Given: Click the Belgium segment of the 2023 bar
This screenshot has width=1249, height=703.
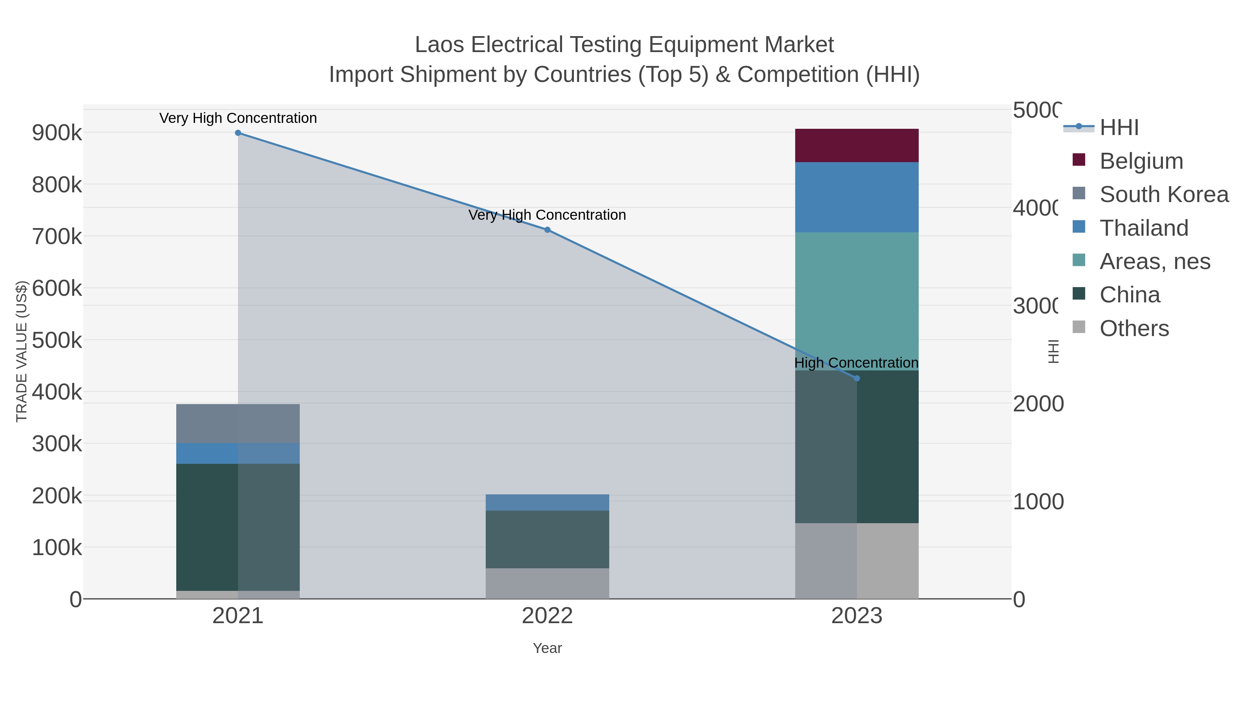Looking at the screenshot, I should coord(856,145).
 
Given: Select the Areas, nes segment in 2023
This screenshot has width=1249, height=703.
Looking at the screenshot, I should coord(856,301).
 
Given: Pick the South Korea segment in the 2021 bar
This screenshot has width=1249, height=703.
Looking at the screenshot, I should coord(238,423).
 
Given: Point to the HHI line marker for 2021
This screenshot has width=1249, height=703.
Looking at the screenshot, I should coord(238,133).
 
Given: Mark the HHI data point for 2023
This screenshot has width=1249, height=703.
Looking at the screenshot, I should coord(856,378).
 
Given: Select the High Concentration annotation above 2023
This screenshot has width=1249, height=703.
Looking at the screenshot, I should coord(856,363).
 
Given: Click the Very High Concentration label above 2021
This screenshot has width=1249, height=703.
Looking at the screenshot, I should coord(238,118).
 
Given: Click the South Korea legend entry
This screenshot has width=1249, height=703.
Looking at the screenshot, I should coord(1164,194).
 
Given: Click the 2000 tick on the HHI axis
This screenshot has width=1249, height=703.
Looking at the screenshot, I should coord(1038,404).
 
